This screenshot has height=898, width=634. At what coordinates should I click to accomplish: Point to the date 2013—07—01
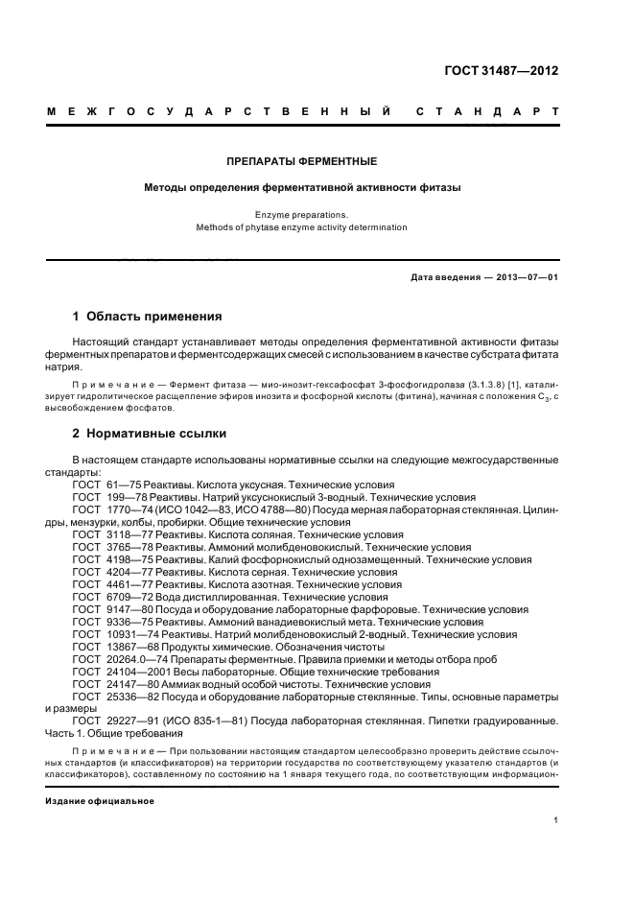pyautogui.click(x=525, y=276)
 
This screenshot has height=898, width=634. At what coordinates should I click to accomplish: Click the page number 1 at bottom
pyautogui.click(x=556, y=820)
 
